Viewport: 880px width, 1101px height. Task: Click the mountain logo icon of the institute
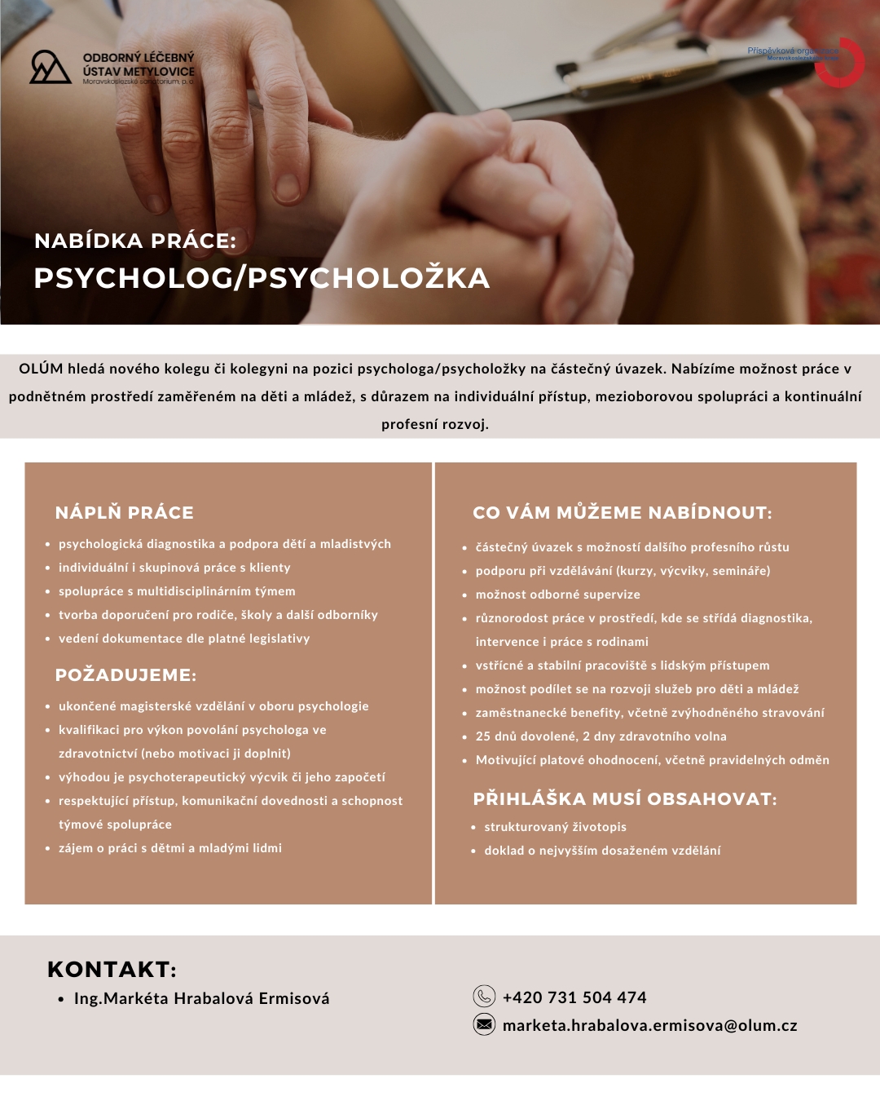coord(50,68)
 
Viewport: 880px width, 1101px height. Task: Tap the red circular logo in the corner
coord(841,62)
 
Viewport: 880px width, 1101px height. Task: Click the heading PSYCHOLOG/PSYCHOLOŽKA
coord(262,278)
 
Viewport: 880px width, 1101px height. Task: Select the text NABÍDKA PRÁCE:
coord(135,241)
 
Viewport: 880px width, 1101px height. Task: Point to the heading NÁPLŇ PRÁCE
coord(125,512)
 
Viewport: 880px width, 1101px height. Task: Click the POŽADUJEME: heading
coord(126,674)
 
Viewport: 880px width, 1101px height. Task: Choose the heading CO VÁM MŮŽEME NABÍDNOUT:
coord(623,512)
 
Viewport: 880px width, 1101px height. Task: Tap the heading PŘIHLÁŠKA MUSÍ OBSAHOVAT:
coord(625,798)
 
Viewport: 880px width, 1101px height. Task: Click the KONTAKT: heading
coord(112,969)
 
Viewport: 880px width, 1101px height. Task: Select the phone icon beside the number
coord(484,996)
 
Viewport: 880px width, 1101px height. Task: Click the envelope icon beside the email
coord(484,1024)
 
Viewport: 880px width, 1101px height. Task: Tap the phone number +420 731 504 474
coord(574,997)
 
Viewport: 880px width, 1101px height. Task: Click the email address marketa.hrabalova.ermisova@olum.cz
coord(649,1025)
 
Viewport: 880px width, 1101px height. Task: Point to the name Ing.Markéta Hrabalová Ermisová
coord(201,998)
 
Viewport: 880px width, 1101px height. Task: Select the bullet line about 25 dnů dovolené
coord(601,736)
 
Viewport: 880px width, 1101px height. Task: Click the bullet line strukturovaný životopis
coord(555,826)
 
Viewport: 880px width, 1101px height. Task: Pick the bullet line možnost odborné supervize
coord(557,595)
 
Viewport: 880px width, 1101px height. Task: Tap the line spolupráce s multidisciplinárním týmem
coord(177,590)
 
